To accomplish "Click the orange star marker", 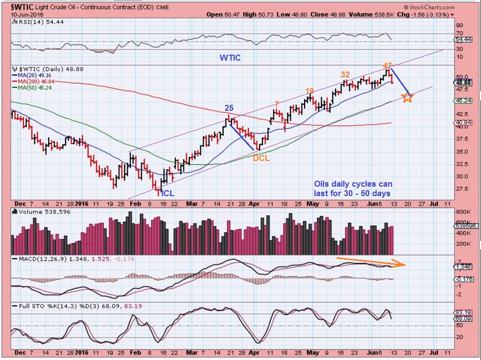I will click(407, 97).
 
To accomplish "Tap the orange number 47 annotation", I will click(388, 66).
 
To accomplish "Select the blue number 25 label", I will click(229, 108).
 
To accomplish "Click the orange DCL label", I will click(261, 158).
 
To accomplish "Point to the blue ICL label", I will click(167, 193).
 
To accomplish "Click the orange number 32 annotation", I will click(345, 74).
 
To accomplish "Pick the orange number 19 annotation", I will click(309, 91).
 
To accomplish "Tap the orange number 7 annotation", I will click(276, 104).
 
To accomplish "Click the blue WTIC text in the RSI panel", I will click(230, 58).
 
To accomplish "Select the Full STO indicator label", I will click(30, 306).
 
